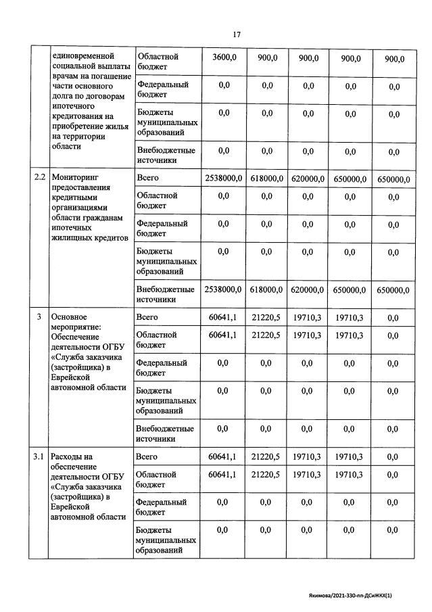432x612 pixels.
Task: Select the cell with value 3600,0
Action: click(x=224, y=59)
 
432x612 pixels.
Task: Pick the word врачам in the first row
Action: click(x=67, y=78)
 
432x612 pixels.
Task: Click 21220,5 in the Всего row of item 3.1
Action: click(x=266, y=457)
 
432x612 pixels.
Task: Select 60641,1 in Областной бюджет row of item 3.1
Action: click(x=223, y=475)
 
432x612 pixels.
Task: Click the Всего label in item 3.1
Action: click(x=147, y=457)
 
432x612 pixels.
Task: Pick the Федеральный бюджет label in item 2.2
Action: click(x=162, y=228)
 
